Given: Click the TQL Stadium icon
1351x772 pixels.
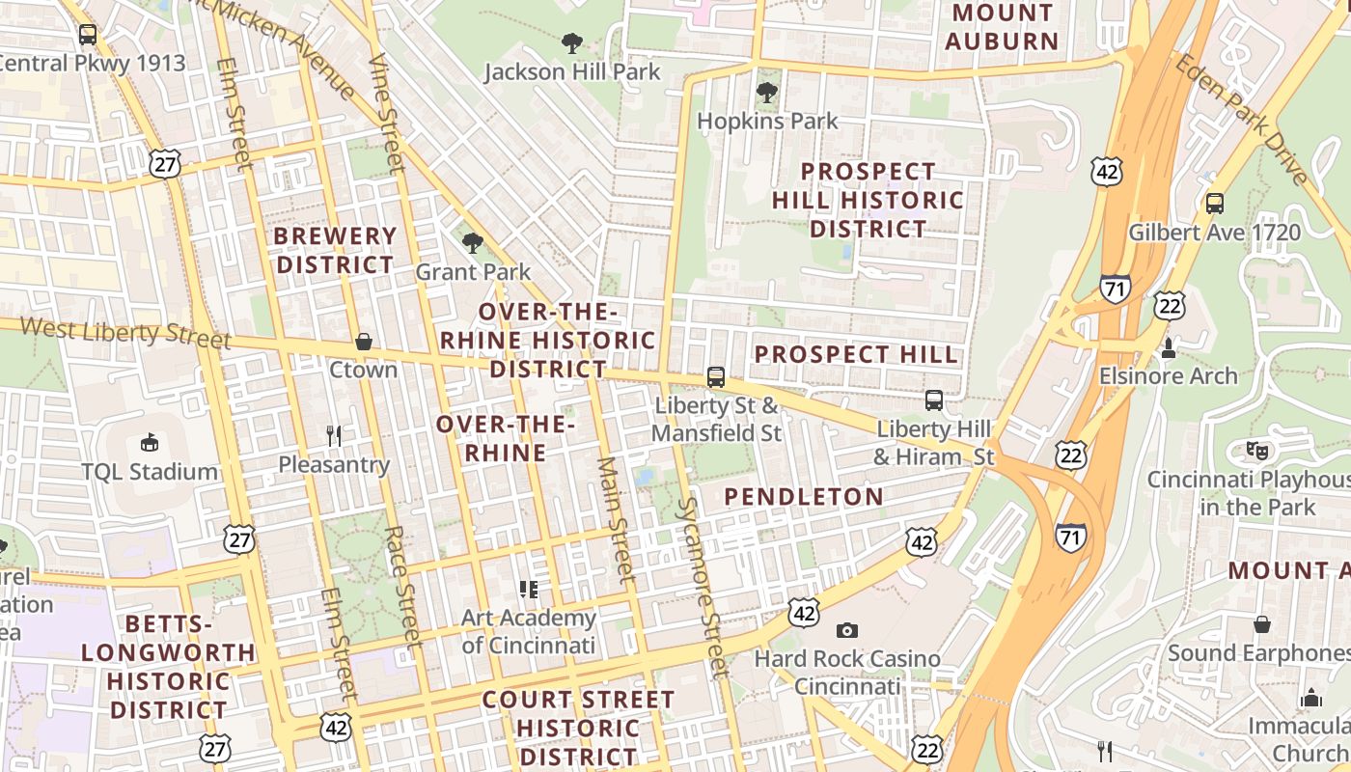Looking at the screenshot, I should click(x=150, y=443).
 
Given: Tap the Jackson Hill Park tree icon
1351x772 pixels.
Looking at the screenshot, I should click(x=572, y=43).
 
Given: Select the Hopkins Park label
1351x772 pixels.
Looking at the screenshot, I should click(x=767, y=122).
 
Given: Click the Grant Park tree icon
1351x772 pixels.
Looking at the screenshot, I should click(x=472, y=243).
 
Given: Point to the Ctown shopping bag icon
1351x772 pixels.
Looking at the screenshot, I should click(x=364, y=342).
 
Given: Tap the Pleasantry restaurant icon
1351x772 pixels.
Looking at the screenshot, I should click(x=334, y=436).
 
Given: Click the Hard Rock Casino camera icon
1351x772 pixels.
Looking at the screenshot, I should click(x=847, y=631).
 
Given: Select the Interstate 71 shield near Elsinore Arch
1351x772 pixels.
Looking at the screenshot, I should click(x=1115, y=289).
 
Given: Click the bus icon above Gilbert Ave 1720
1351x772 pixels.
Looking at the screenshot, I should click(x=1214, y=204).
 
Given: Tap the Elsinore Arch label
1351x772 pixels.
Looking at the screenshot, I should click(x=1168, y=375).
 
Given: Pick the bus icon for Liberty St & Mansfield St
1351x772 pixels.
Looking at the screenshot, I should click(x=715, y=377).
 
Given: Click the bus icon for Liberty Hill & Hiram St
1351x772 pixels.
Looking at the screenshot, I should click(x=933, y=400).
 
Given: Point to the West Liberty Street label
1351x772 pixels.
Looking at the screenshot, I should click(x=125, y=333).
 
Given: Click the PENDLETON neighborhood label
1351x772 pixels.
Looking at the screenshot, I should click(x=803, y=497).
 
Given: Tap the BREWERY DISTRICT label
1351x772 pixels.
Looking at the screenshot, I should click(x=335, y=250).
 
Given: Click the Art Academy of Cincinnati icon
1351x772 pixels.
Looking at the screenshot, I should click(x=528, y=589).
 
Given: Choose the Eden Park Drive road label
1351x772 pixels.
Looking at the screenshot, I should click(x=1243, y=120).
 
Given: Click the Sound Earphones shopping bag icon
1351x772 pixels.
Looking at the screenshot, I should click(x=1261, y=625).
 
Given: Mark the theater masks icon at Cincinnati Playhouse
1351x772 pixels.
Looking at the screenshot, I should click(x=1256, y=450).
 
